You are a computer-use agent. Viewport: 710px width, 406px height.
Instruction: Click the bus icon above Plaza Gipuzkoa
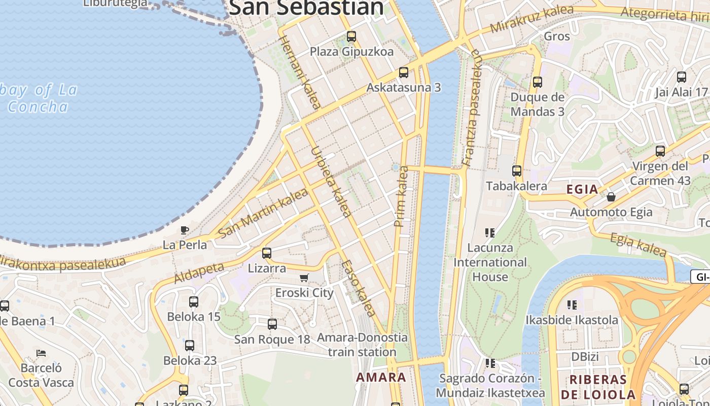tap(351, 37)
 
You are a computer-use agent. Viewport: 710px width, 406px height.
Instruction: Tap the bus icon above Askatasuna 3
tap(404, 73)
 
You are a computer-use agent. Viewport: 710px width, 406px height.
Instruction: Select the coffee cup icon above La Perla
tap(185, 230)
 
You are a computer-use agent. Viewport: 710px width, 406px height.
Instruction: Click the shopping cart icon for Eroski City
tap(304, 278)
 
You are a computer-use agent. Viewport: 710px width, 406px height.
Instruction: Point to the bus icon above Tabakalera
tap(517, 171)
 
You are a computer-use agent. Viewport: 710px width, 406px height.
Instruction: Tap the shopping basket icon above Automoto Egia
tap(611, 196)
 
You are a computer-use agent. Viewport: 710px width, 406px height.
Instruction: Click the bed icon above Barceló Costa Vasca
tap(41, 353)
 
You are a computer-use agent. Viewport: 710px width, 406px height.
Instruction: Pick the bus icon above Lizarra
tap(267, 253)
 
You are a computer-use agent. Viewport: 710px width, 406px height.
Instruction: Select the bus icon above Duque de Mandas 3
tap(538, 82)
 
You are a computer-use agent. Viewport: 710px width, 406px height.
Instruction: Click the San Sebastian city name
tap(306, 8)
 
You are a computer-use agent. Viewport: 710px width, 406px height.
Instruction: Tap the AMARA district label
tap(381, 377)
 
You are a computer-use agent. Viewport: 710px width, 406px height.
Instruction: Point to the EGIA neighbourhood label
tap(582, 189)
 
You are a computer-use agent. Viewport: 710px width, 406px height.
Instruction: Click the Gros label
tap(557, 36)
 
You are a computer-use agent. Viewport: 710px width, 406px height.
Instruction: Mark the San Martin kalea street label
tap(263, 213)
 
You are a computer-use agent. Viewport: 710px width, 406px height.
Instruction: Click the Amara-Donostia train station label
tap(362, 344)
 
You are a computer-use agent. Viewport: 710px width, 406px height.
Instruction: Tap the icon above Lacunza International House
tap(490, 233)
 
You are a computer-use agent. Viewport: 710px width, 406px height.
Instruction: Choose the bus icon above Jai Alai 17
tap(682, 77)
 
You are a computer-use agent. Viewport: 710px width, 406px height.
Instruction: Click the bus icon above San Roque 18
tap(272, 324)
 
